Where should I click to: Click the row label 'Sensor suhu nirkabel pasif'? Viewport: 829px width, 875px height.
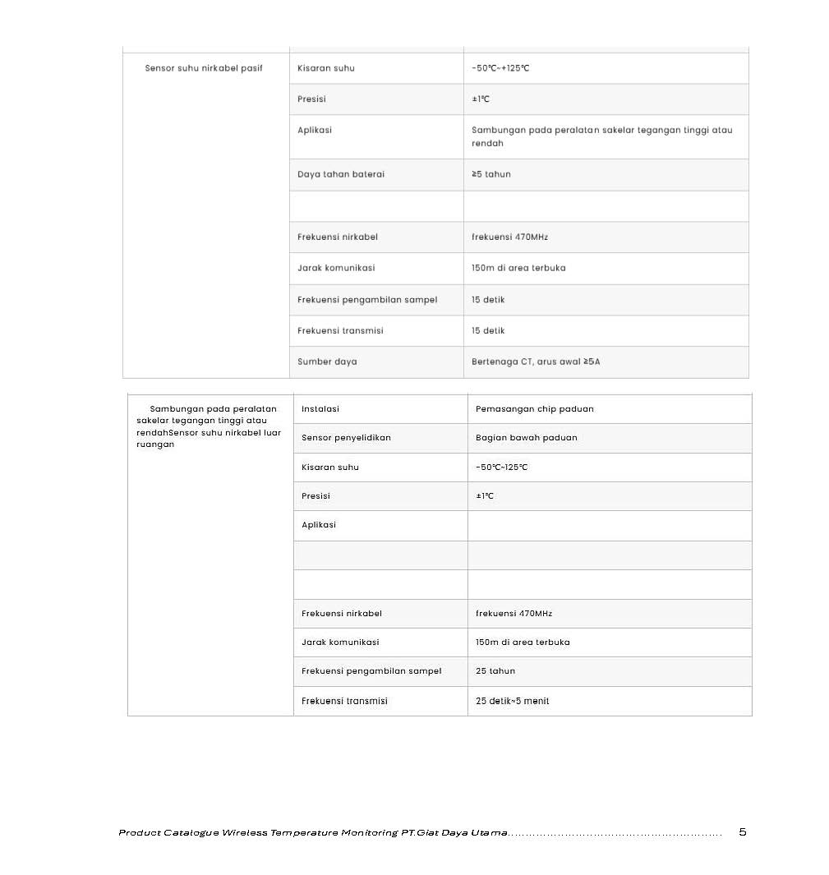[204, 68]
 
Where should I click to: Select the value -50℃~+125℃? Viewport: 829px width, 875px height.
[500, 68]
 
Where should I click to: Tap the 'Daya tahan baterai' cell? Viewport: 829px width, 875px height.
[341, 174]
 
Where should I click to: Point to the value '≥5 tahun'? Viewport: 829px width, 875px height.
[491, 174]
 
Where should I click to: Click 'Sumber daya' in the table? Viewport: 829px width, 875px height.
[327, 362]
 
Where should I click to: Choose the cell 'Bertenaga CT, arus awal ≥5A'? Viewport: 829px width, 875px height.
[536, 362]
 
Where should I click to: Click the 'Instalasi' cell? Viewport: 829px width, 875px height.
[320, 409]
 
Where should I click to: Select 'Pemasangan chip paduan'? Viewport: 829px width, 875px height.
[535, 409]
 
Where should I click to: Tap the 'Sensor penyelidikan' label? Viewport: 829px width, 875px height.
[346, 438]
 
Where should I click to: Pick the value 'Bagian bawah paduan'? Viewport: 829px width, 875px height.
[527, 438]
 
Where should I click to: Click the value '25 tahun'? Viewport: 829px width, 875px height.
[495, 671]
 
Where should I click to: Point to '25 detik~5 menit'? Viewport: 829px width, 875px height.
[513, 701]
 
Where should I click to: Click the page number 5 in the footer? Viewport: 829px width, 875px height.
[743, 832]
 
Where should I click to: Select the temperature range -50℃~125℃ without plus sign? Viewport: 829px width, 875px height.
[502, 467]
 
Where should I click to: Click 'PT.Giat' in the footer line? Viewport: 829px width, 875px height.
[419, 833]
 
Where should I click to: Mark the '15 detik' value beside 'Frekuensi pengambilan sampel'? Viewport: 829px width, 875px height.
[488, 300]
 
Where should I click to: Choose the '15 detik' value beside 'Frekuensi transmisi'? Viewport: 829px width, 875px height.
[488, 331]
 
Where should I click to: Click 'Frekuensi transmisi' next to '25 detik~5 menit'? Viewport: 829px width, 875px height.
[344, 701]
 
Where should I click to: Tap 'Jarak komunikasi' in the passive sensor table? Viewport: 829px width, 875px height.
[336, 268]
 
